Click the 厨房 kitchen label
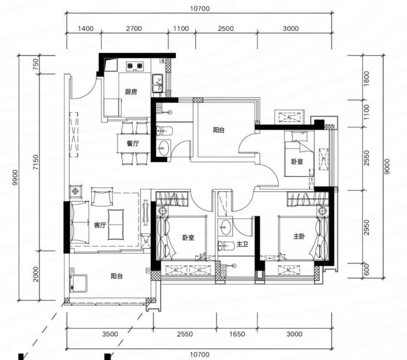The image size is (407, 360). coord(131,92)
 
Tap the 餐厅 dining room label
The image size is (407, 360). coord(133,143)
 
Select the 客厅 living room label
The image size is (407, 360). coord(100,225)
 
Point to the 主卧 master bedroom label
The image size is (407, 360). coord(299,236)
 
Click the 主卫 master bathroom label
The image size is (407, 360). coord(243,244)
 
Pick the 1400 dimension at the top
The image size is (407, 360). coord(86,29)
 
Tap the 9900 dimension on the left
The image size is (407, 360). coord(15,178)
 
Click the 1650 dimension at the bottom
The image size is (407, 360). coord(237,334)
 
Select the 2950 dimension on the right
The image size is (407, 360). coord(366,227)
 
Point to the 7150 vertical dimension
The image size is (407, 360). coord(36,162)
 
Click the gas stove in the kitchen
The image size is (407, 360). coord(135,66)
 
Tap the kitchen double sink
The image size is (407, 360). coord(157,83)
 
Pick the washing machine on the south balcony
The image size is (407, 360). coord(78,283)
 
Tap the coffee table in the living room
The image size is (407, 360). coord(116,225)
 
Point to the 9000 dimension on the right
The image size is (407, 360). coord(387,167)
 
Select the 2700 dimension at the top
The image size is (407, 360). coord(134,29)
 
